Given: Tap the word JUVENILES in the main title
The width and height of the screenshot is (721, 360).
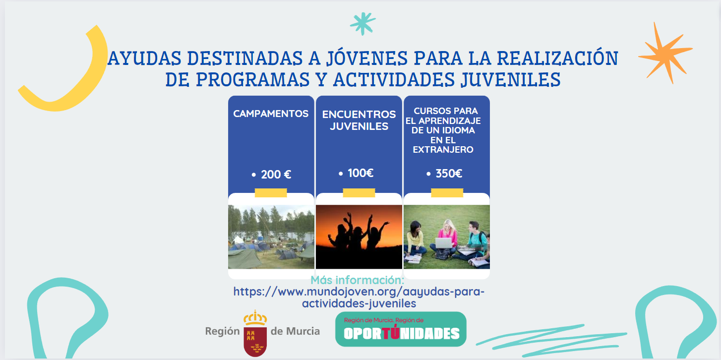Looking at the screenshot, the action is (511, 80).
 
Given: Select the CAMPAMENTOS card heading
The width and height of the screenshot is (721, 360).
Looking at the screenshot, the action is (271, 114).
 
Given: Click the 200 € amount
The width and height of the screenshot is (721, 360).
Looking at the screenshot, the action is (276, 175).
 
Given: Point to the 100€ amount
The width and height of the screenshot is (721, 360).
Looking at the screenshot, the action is (360, 173).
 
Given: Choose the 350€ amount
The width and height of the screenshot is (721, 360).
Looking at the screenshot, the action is (449, 174).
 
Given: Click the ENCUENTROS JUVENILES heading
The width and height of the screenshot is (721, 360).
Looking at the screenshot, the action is (359, 120).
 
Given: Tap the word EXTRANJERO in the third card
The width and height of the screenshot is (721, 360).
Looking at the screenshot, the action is (443, 150).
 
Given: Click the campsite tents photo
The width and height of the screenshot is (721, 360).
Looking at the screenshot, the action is (271, 237).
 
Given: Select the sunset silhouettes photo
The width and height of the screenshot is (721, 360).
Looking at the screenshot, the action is (359, 237).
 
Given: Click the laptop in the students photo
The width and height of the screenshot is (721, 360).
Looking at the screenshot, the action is (443, 243).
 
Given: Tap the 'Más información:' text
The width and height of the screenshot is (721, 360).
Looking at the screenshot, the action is (358, 280).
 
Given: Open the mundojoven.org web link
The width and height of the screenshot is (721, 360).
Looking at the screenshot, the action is (359, 297).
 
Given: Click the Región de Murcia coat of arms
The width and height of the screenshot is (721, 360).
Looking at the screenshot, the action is (255, 334).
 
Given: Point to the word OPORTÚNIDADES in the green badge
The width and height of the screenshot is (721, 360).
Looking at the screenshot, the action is (401, 333).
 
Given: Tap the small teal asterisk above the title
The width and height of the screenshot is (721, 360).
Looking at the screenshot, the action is (363, 23).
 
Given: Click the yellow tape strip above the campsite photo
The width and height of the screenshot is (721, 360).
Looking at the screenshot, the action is (271, 193).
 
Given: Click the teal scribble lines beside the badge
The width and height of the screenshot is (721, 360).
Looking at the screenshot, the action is (551, 340).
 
